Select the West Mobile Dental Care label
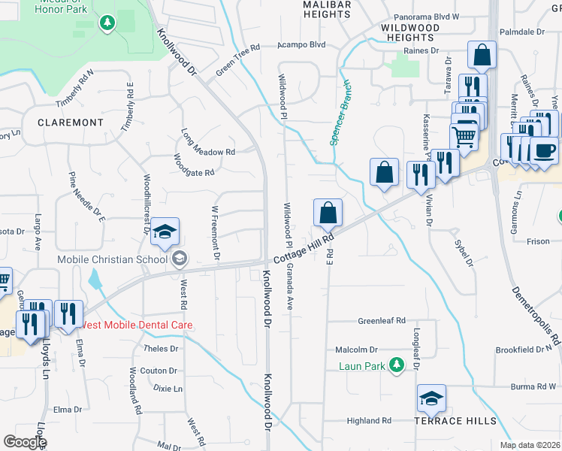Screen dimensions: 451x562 pos(137,325)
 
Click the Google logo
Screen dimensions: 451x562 pos(25,442)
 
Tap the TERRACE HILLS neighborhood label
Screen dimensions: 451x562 pos(455,421)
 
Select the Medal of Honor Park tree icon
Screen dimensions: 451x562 pos(107,23)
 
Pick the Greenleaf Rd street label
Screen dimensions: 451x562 pos(382,319)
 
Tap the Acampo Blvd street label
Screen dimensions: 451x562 pos(301,44)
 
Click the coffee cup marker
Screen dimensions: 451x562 pos(544,150)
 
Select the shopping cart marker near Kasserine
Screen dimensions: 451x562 pos(464,137)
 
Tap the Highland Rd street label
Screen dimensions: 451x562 pos(369,421)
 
